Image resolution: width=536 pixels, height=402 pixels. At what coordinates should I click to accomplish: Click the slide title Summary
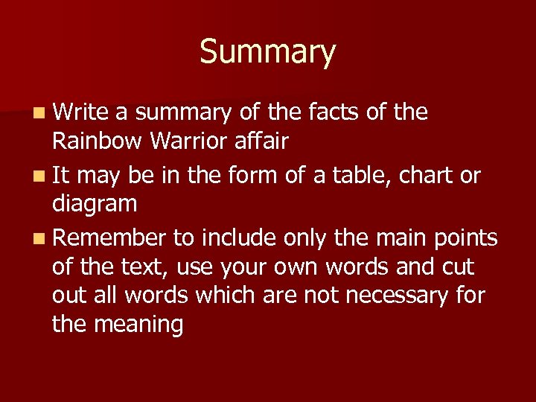click(x=267, y=52)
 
